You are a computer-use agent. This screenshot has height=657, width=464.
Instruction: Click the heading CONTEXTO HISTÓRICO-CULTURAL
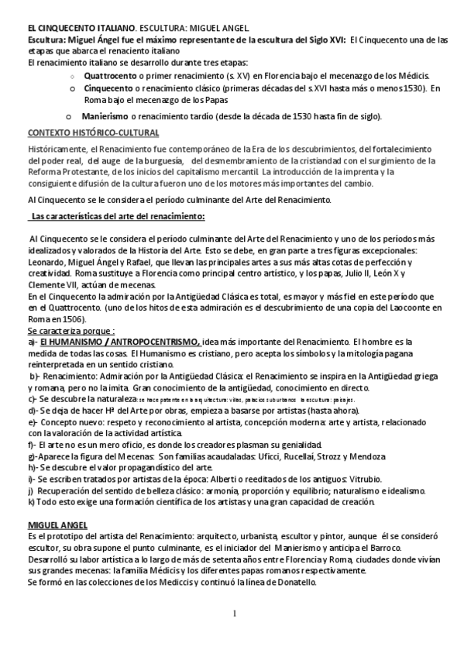pyautogui.click(x=93, y=132)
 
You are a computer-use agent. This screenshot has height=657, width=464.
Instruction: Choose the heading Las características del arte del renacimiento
pyautogui.click(x=116, y=215)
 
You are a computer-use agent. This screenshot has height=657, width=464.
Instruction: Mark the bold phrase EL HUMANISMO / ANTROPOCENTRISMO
pyautogui.click(x=120, y=342)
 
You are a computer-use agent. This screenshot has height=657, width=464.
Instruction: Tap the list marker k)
pyautogui.click(x=30, y=502)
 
